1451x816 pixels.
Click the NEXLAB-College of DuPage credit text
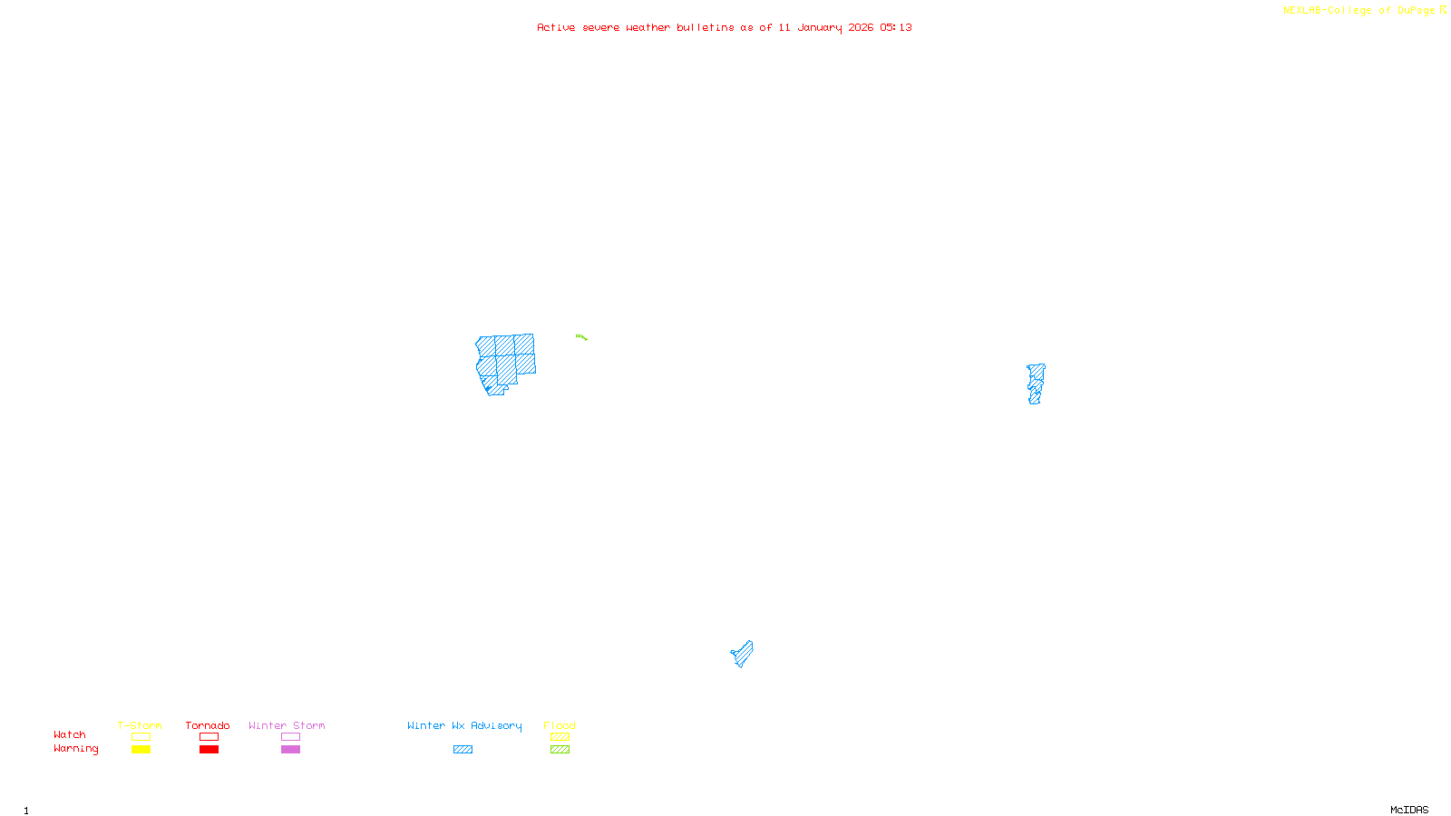[1359, 10]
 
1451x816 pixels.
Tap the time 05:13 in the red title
[895, 27]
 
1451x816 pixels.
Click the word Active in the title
[555, 27]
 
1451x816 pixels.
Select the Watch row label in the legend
[69, 734]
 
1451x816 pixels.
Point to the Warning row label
[75, 749]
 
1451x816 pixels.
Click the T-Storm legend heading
[140, 725]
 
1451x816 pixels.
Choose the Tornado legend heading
[208, 725]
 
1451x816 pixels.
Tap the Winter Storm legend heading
[287, 725]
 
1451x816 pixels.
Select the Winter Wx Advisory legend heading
[464, 725]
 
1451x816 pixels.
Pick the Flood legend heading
[560, 725]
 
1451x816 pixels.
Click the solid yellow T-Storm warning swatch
[141, 750]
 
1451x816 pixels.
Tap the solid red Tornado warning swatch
[209, 750]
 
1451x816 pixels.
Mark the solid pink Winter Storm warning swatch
[290, 750]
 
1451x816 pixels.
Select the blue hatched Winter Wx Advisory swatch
[463, 750]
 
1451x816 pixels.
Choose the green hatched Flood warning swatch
[560, 750]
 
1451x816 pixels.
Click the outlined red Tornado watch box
[209, 737]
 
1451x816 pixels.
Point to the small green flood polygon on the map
[581, 337]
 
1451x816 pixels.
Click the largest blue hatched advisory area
[505, 362]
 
